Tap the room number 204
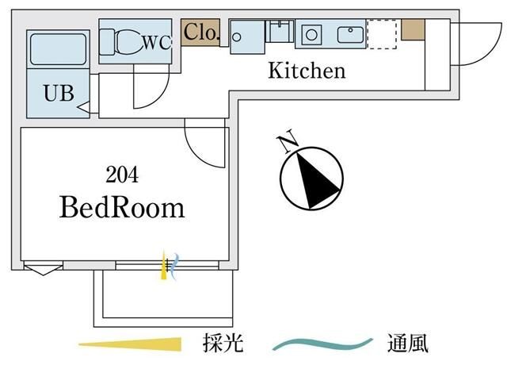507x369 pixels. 122,174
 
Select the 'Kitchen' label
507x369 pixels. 307,71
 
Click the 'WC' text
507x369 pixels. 156,43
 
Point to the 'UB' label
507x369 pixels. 58,93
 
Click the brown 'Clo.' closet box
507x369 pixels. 200,33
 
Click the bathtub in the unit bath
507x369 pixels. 57,49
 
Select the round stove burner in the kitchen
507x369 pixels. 311,35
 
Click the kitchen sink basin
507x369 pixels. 349,35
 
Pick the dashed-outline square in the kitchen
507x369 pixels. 381,35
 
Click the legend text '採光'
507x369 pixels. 223,344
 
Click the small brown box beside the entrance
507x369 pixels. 412,29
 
